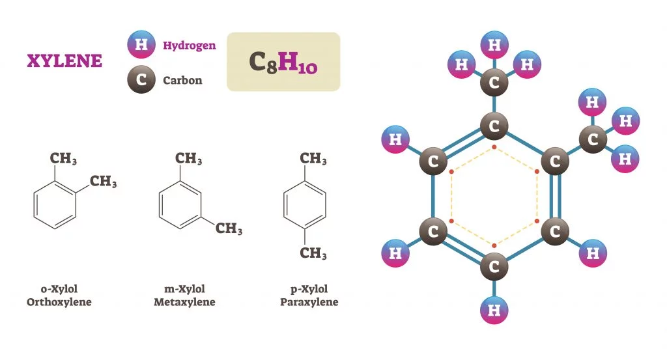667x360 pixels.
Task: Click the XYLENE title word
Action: click(x=64, y=61)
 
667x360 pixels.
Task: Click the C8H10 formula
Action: click(x=283, y=62)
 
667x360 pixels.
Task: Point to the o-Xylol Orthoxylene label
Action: click(x=59, y=296)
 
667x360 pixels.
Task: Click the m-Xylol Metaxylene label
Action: click(x=184, y=296)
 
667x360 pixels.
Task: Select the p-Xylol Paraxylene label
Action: click(x=309, y=296)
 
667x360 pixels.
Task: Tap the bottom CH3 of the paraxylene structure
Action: click(x=313, y=253)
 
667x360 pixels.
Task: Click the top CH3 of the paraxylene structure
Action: click(x=313, y=159)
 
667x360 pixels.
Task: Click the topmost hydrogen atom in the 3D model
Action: click(x=495, y=46)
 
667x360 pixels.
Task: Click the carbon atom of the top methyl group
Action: click(x=494, y=83)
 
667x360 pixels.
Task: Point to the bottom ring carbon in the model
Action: click(x=494, y=267)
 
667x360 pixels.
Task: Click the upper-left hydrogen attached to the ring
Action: click(x=395, y=139)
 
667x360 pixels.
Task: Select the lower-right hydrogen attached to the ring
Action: click(x=593, y=254)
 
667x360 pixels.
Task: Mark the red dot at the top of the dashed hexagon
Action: click(x=494, y=147)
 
